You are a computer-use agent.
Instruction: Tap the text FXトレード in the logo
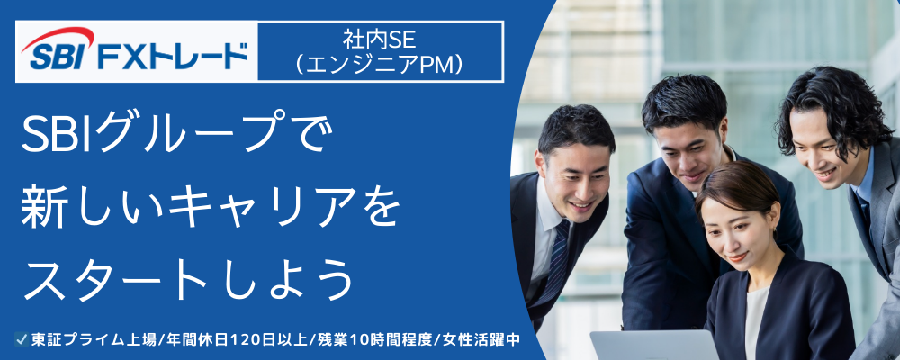point(173,57)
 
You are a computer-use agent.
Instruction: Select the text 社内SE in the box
point(380,40)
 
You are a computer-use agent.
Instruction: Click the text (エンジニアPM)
point(380,65)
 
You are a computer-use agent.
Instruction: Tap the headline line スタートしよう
point(186,280)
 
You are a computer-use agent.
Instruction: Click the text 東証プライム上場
point(94,339)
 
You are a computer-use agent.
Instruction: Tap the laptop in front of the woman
point(654,345)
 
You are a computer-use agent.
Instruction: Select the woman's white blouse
point(756,321)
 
